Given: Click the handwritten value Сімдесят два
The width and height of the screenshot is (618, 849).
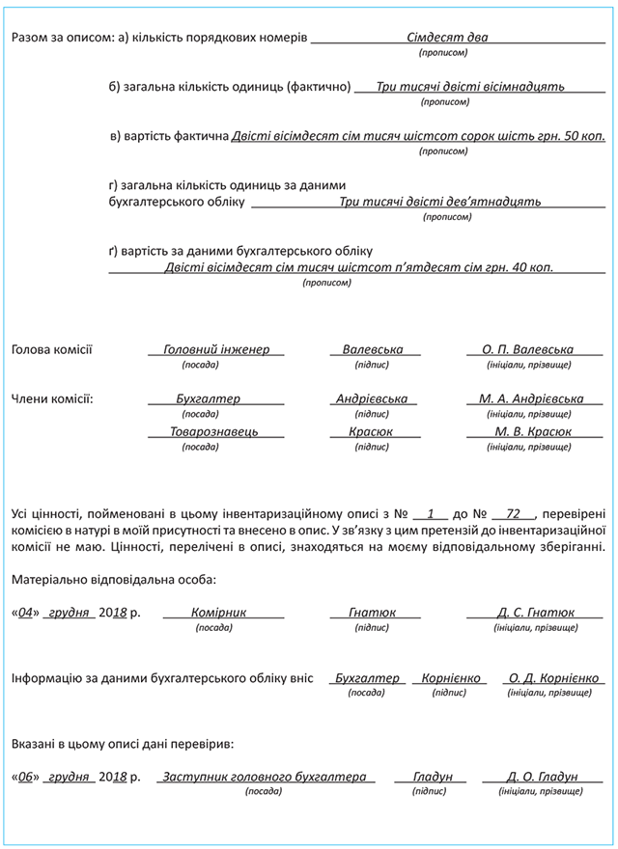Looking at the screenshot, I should point(447,38).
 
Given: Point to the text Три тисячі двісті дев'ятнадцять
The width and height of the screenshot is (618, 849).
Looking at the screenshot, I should point(440,203).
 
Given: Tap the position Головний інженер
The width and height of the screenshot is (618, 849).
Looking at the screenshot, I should point(216,349).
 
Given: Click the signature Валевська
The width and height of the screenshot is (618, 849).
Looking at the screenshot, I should point(373,349).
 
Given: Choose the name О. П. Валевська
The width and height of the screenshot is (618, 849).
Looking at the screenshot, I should point(527,349).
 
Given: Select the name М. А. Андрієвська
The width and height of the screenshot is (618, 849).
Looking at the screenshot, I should point(531,398).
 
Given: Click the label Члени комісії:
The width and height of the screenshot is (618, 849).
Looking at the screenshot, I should point(52,398).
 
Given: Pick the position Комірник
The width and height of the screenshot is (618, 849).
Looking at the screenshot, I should point(219,613).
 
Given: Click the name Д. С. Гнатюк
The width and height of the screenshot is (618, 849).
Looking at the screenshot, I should point(535,613).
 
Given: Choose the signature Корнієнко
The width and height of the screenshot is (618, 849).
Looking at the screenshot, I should point(450,678).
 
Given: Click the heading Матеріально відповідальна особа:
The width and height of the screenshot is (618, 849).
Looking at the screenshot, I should point(114,580).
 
